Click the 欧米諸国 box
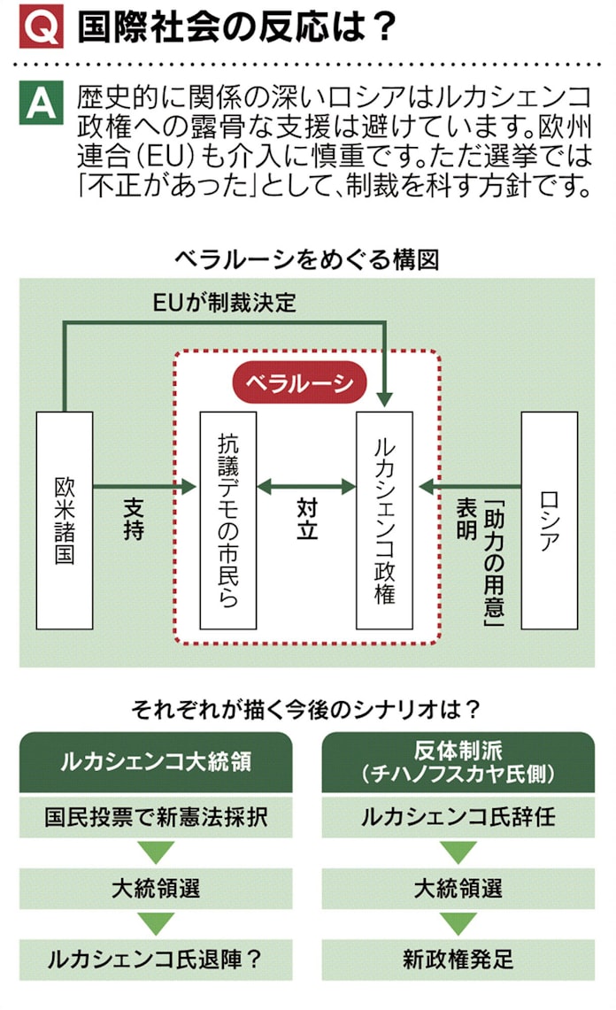click(65, 520)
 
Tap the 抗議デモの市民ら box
click(228, 520)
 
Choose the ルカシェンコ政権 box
click(384, 520)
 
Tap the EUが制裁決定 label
click(224, 302)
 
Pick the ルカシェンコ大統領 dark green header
click(156, 762)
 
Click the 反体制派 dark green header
click(458, 762)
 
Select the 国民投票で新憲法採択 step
click(156, 816)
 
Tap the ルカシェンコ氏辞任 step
click(458, 816)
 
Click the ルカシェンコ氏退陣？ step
click(156, 959)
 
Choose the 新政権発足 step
click(458, 959)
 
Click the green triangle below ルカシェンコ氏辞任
click(458, 852)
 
